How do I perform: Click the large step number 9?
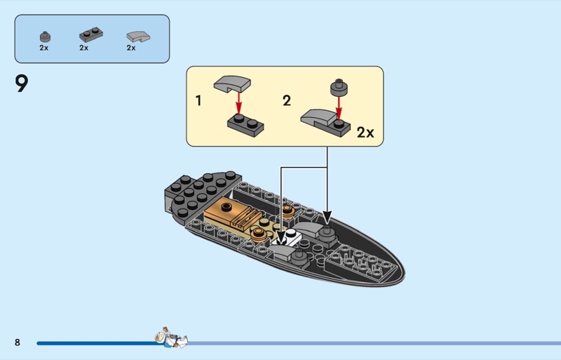22,84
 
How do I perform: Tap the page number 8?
17,342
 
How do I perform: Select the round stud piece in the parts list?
45,37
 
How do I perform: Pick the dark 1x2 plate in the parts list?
91,35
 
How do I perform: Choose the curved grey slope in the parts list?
138,36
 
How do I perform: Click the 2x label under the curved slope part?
131,48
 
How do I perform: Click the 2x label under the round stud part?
43,48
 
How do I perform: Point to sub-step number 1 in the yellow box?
198,100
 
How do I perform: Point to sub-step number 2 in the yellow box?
287,100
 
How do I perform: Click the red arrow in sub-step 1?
238,102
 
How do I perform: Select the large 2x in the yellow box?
365,133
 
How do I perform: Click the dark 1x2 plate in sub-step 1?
245,126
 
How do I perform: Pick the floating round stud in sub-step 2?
339,87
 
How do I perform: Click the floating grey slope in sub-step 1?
232,84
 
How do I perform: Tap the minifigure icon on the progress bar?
171,338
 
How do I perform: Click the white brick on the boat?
289,237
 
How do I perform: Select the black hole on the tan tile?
227,206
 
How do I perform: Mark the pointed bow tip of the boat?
404,274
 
